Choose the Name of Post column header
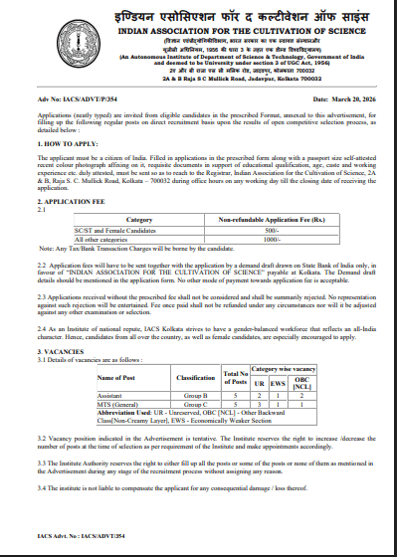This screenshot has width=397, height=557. point(120,350)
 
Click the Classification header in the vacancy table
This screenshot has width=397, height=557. point(196,350)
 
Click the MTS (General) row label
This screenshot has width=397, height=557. point(116,376)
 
